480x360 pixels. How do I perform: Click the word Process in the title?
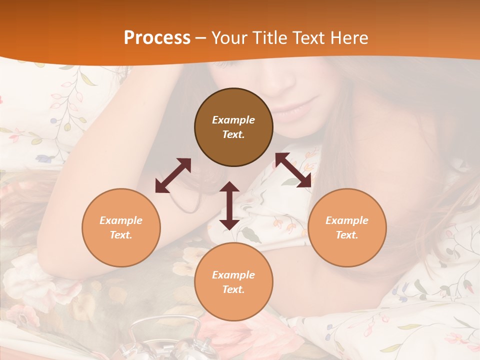(157, 38)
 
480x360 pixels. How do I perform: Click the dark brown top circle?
(233, 127)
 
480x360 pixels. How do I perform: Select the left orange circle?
(121, 227)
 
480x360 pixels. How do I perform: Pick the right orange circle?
(347, 227)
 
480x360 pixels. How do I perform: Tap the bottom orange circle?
(233, 282)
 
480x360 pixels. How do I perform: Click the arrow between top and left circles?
(173, 175)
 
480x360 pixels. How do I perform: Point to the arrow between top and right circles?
(293, 170)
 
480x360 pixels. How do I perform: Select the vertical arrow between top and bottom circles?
(229, 205)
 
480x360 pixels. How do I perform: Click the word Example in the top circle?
(233, 120)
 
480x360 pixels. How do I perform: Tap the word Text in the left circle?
(121, 235)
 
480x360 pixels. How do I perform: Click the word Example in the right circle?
(347, 220)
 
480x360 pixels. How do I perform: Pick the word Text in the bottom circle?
(233, 289)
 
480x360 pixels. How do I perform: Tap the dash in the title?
(201, 38)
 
